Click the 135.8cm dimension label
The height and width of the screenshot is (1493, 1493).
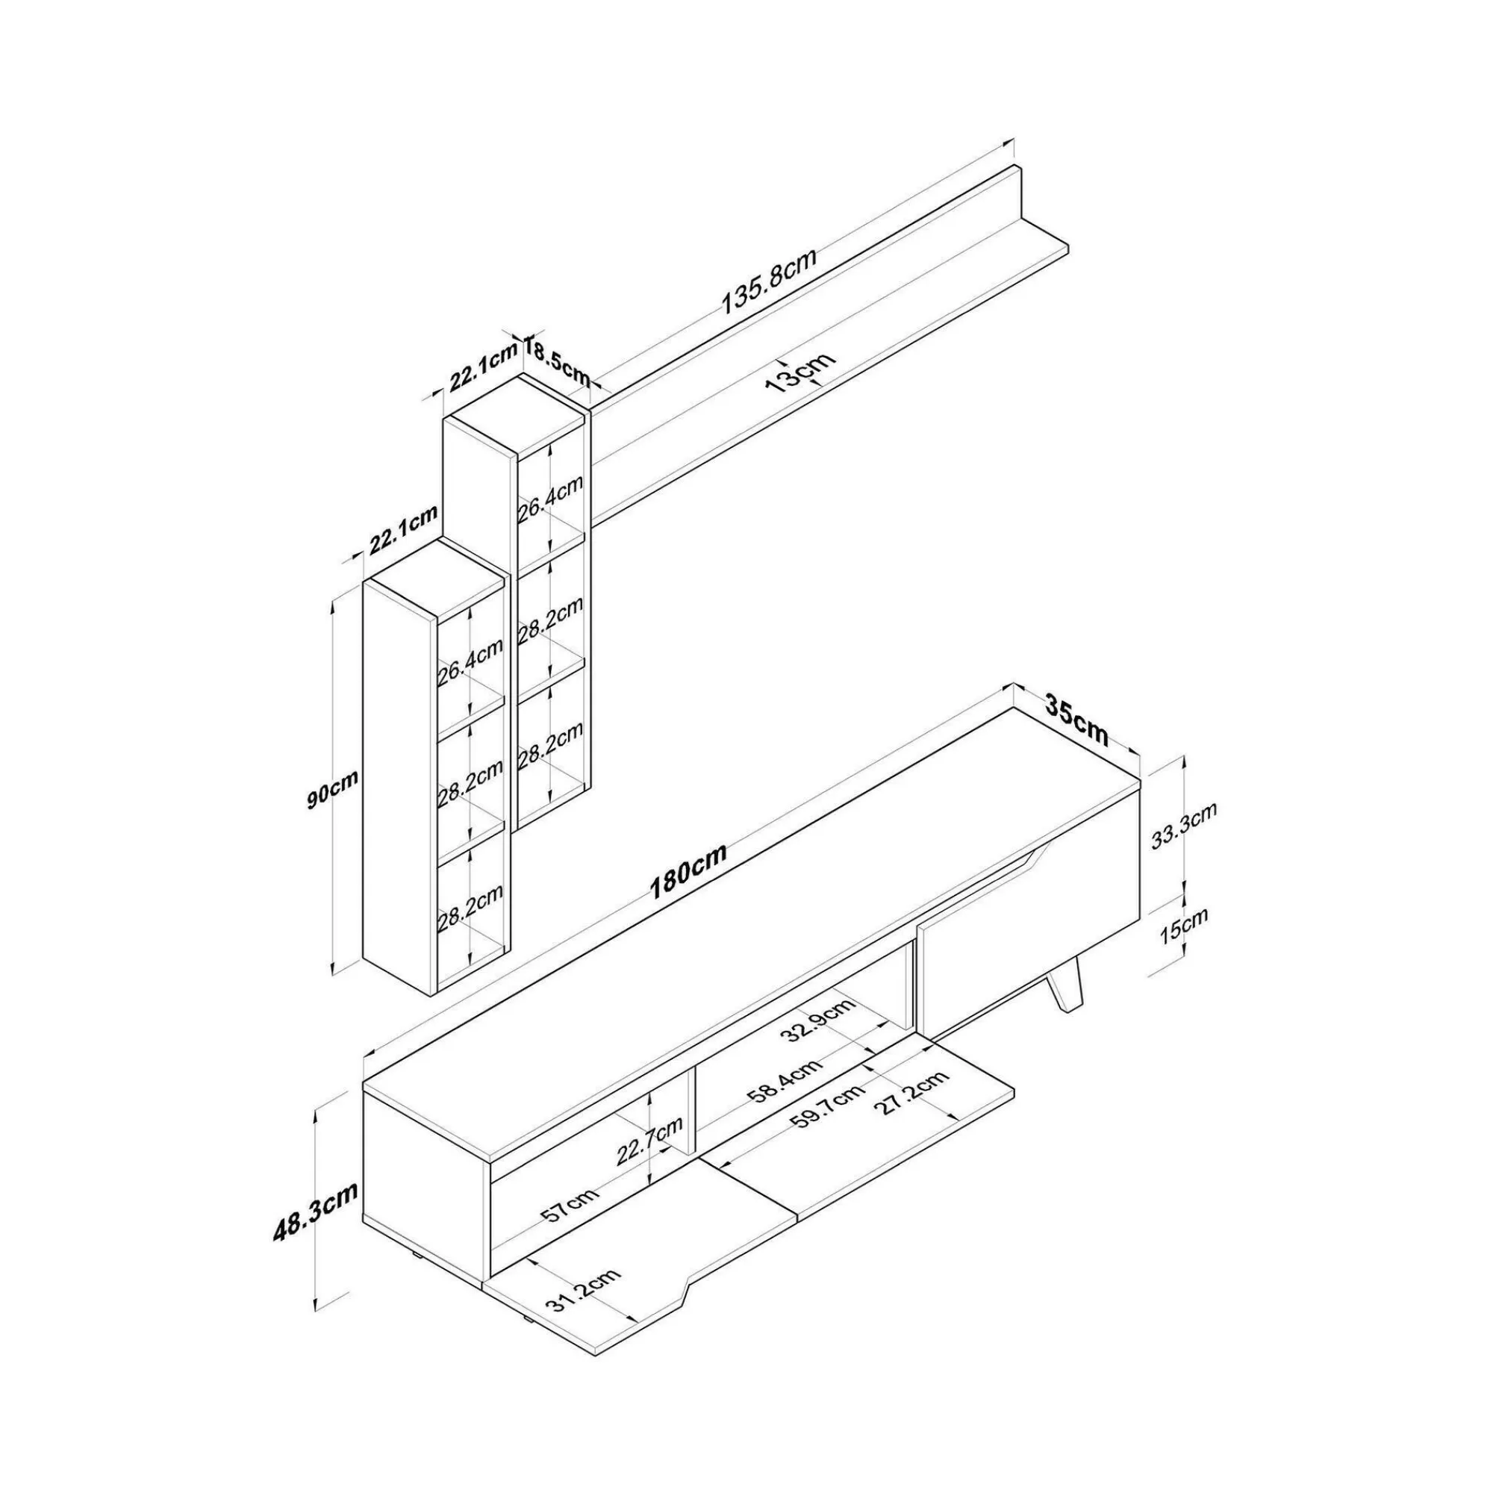(769, 281)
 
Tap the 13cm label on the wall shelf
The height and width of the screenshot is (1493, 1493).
(801, 373)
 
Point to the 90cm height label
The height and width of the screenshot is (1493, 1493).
(332, 788)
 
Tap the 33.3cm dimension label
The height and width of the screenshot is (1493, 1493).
(1184, 826)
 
